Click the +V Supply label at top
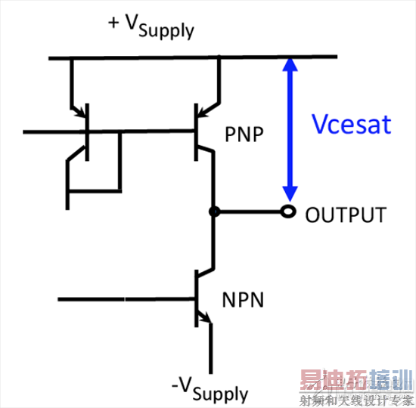coord(151,26)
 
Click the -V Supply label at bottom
coord(210,388)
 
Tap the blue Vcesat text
coord(352,123)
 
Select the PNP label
coord(244,134)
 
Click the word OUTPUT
coord(346,215)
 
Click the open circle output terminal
coord(287,212)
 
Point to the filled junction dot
coord(214,212)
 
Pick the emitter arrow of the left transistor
coord(80,113)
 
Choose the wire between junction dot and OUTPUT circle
coord(250,212)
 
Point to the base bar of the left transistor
coord(88,132)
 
